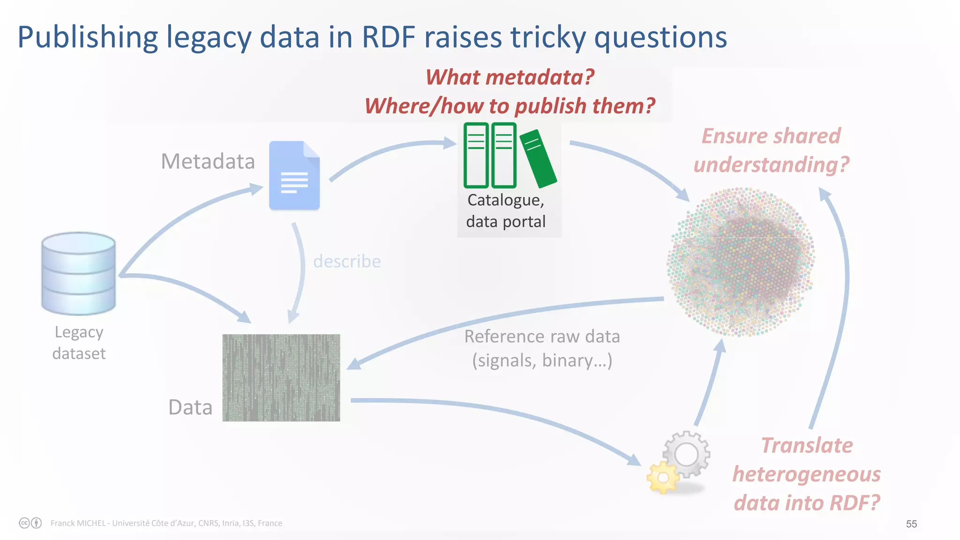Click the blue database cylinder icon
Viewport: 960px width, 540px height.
[x=78, y=273]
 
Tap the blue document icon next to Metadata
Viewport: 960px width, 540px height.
[x=294, y=175]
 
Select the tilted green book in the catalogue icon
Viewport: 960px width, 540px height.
[x=538, y=158]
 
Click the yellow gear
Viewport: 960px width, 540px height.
[x=663, y=477]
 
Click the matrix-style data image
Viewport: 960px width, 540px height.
[x=281, y=377]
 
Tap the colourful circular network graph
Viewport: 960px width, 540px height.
[x=741, y=262]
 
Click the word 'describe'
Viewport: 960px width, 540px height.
[x=347, y=261]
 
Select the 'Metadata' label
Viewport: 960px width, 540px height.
[x=208, y=161]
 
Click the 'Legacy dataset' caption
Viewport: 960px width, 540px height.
[x=79, y=343]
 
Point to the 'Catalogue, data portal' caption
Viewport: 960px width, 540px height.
[x=506, y=210]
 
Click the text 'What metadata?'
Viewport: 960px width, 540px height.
[x=510, y=77]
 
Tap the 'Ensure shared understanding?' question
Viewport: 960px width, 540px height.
[x=771, y=150]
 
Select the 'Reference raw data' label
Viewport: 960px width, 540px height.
[x=542, y=337]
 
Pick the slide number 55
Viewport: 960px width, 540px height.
[x=911, y=524]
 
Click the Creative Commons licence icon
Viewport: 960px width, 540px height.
[x=25, y=523]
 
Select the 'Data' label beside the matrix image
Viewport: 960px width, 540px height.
[x=190, y=407]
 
